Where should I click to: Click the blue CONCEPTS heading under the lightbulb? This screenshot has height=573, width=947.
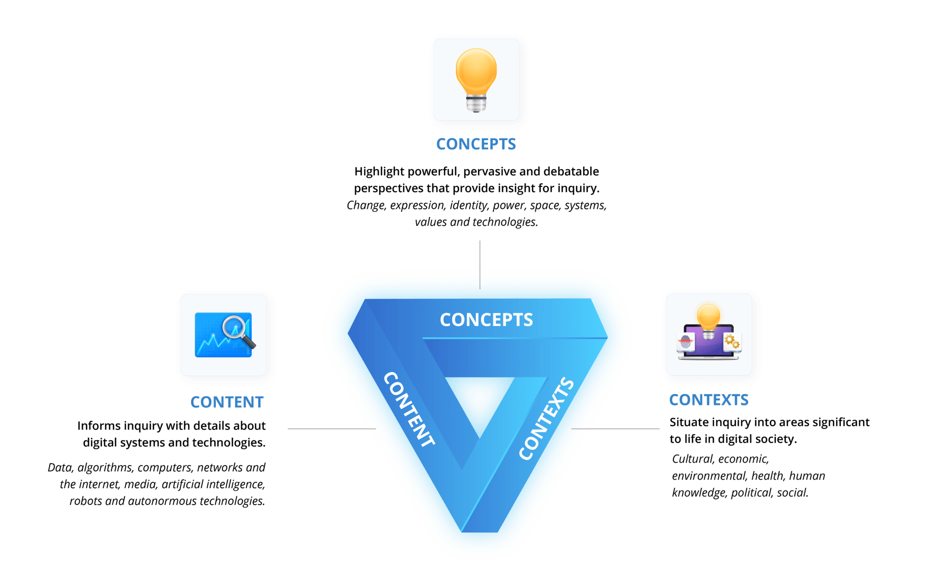click(476, 144)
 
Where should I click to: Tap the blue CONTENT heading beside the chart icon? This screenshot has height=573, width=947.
click(227, 402)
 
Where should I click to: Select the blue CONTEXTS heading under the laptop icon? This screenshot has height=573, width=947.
click(708, 400)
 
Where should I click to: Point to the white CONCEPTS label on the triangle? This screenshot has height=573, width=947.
click(486, 320)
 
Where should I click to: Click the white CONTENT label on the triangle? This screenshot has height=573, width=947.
click(409, 409)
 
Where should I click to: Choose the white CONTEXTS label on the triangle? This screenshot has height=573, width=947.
click(546, 419)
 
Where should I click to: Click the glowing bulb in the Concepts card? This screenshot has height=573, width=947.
click(476, 71)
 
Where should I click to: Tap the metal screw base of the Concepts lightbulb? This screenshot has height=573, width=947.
click(476, 103)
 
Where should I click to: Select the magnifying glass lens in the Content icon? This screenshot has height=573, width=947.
click(235, 327)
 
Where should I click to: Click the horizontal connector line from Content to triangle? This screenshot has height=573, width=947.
click(331, 429)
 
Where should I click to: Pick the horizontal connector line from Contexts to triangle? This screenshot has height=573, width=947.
click(616, 429)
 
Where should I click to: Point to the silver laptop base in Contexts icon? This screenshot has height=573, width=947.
click(708, 358)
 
